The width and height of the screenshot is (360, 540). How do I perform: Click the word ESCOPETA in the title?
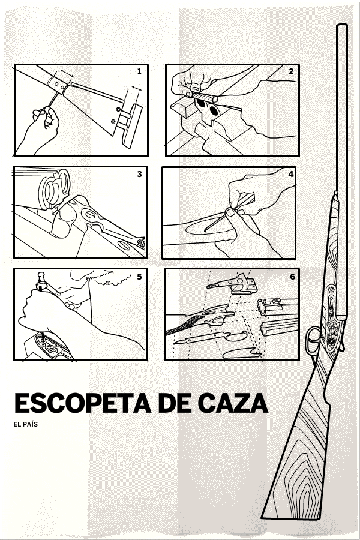click(x=83, y=403)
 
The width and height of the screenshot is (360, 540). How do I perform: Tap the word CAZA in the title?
click(x=233, y=403)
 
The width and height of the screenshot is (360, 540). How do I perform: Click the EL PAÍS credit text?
click(x=25, y=424)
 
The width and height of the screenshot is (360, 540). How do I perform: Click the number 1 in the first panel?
click(x=139, y=71)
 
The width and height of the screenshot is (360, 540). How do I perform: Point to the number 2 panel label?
click(x=291, y=71)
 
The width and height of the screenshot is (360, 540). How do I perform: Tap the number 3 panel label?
click(x=139, y=174)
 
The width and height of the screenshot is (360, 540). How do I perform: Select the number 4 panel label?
click(x=291, y=174)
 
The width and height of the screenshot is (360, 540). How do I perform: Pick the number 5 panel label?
click(x=139, y=277)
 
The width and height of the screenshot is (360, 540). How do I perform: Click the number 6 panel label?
click(x=292, y=277)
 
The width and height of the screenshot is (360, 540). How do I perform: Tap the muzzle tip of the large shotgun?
click(x=342, y=25)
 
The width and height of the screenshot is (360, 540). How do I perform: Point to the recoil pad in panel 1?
click(x=132, y=126)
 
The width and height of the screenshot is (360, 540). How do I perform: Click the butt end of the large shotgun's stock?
click(x=291, y=516)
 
